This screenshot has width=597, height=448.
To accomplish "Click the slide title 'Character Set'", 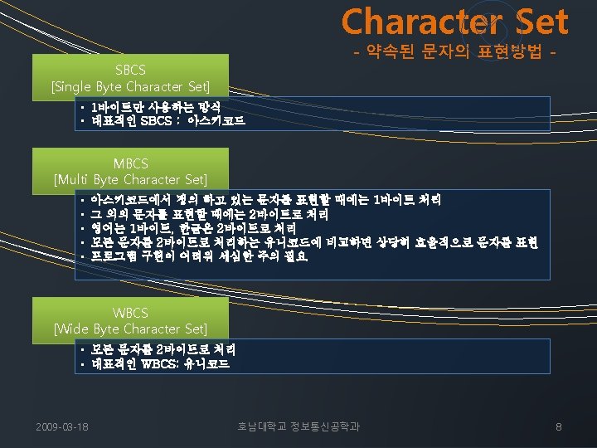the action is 454,22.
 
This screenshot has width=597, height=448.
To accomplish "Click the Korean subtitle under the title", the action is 455,55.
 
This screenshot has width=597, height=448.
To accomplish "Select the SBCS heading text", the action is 130,71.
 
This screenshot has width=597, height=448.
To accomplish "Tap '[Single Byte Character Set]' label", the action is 130,85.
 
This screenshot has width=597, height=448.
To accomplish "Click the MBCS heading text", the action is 130,163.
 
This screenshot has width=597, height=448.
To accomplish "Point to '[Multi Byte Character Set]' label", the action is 130,179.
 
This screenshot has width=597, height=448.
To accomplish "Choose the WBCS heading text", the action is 130,313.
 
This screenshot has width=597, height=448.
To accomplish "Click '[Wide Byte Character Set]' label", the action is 130,329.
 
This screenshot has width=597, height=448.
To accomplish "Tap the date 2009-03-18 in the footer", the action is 63,427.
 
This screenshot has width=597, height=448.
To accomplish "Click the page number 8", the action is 558,427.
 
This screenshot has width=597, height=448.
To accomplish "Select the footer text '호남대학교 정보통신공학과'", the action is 298,427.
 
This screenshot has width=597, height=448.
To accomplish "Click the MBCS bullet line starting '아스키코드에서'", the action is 265,199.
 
